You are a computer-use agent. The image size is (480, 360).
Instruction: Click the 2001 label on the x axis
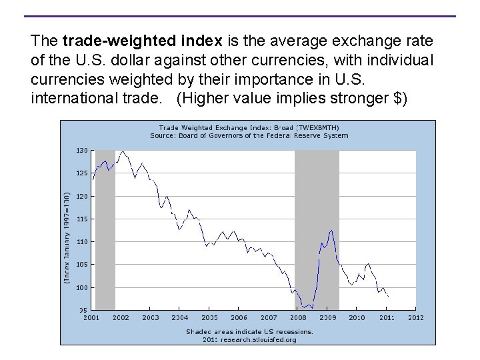point(91,318)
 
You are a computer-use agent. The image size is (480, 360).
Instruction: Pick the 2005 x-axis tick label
point(209,318)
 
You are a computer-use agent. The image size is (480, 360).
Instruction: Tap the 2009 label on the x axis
point(327,318)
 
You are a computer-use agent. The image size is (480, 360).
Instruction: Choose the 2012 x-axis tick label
point(415,318)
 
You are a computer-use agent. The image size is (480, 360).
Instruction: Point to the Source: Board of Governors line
point(249,135)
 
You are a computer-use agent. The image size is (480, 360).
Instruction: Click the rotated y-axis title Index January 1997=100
point(67,238)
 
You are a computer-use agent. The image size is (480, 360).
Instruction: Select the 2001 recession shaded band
point(105,230)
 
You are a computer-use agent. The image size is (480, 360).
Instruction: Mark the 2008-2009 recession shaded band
point(317,230)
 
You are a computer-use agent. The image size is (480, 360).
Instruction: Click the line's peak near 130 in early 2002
point(123,152)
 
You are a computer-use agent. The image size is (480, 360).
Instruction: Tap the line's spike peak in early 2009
point(331,230)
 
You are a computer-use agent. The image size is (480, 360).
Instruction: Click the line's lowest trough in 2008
point(304,307)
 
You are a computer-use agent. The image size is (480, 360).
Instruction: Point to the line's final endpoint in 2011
point(388,295)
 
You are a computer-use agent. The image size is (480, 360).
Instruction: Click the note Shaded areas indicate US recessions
point(249,331)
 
